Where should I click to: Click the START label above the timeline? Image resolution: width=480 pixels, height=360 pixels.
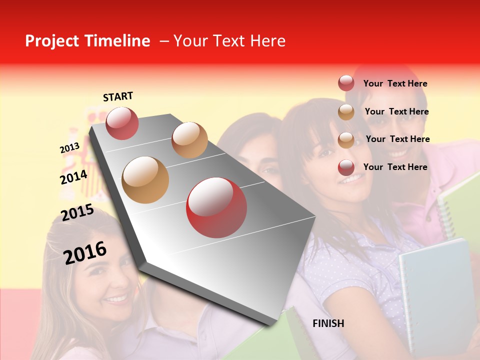(x=118, y=96)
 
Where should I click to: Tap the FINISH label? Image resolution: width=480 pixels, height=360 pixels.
(x=328, y=323)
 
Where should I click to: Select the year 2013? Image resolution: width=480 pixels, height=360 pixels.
(x=69, y=148)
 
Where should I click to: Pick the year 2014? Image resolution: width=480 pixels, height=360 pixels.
(x=73, y=177)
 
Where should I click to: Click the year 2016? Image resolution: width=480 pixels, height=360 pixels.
(x=85, y=252)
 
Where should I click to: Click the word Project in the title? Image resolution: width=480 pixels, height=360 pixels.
(x=52, y=41)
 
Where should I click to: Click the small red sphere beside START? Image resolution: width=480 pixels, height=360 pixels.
(x=122, y=123)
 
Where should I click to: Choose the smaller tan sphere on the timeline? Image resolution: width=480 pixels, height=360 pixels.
(x=189, y=139)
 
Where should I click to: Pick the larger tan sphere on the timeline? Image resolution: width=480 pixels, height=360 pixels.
(x=145, y=180)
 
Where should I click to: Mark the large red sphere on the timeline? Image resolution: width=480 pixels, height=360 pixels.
(x=216, y=207)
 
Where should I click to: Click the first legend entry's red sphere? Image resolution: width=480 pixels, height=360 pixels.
(x=346, y=83)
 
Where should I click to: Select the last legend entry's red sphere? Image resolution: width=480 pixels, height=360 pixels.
(x=346, y=167)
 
